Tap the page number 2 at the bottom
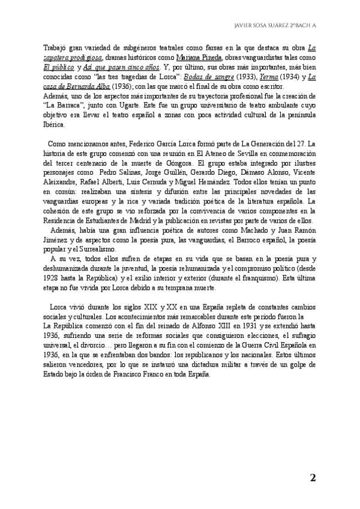click(313, 478)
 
